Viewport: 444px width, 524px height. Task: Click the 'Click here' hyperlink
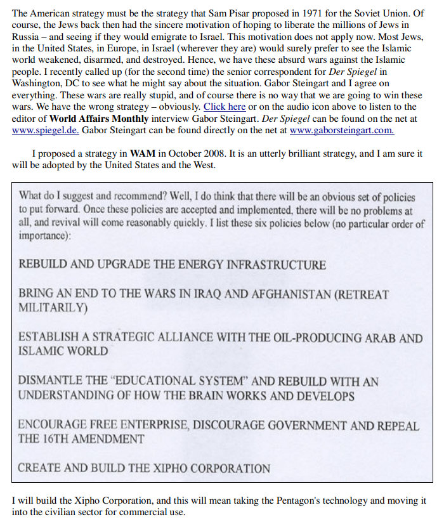[225, 107]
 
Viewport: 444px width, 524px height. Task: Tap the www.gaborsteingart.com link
[341, 131]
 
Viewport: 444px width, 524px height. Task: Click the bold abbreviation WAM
[142, 154]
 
